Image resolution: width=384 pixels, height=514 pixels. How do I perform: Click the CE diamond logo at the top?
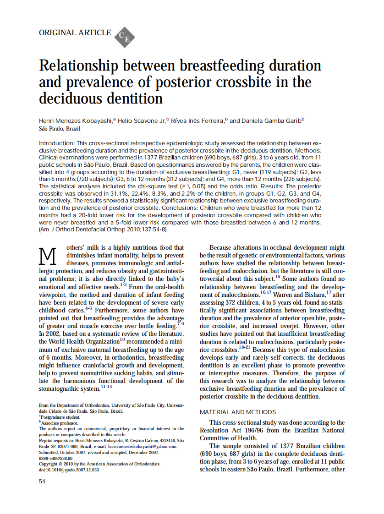pos(124,37)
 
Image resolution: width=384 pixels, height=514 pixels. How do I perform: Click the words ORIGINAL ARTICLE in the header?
pos(75,33)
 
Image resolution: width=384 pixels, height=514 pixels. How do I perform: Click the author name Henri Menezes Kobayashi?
pos(76,120)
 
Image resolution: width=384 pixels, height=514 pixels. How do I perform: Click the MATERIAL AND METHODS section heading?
pos(238,412)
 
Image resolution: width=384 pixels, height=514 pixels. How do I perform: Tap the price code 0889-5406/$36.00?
pos(56,458)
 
